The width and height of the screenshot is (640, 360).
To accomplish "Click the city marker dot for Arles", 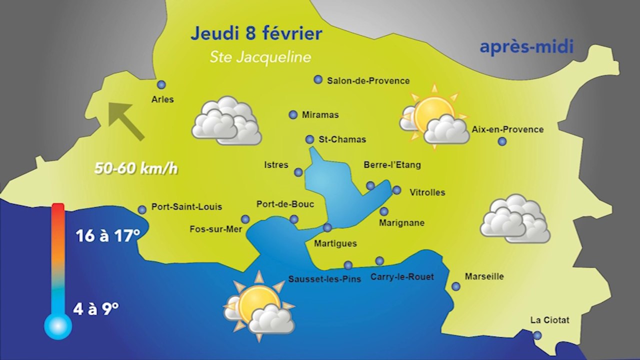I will tap(161, 85).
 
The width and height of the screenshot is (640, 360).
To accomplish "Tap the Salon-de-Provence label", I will tap(368, 80).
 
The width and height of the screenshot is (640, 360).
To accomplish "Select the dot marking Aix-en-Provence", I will tap(502, 141).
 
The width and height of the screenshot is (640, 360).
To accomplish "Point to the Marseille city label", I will tap(484, 276).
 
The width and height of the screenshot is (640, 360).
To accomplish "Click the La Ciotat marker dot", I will tap(537, 335).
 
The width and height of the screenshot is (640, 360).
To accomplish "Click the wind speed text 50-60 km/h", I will tap(136, 168).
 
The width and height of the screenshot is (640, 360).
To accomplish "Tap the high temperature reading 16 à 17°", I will tap(107, 235).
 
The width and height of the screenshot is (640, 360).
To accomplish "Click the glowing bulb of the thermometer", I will tap(58, 326).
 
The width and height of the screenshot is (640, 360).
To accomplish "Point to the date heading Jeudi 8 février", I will tap(256, 34).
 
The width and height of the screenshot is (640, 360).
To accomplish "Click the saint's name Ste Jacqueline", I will tap(260, 57).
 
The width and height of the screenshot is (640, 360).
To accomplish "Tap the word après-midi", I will tap(526, 47).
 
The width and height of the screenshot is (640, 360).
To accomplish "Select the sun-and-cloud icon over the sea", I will tap(259, 307).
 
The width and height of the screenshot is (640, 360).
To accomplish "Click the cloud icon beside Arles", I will tap(226, 121).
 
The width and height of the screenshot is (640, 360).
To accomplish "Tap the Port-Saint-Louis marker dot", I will tap(142, 209).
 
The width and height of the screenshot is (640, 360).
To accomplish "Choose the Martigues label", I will tap(335, 243).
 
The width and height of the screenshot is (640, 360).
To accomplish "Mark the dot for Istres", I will tap(298, 172).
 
